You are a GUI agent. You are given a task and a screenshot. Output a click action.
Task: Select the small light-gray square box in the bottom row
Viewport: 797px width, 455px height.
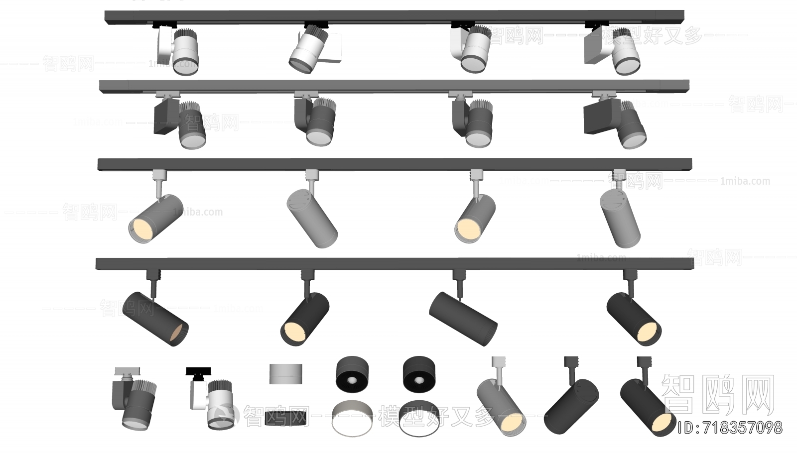coord(285,374)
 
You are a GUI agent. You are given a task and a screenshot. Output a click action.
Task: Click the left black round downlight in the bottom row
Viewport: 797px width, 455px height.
coord(352,374)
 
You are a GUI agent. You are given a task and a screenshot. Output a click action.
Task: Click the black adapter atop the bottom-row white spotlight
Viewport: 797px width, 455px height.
coord(198,371)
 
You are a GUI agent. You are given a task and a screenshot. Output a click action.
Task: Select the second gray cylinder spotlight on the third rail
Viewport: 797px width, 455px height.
coord(312,219)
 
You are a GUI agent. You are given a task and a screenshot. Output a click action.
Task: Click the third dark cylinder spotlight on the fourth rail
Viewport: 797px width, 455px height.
coord(463,319)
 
